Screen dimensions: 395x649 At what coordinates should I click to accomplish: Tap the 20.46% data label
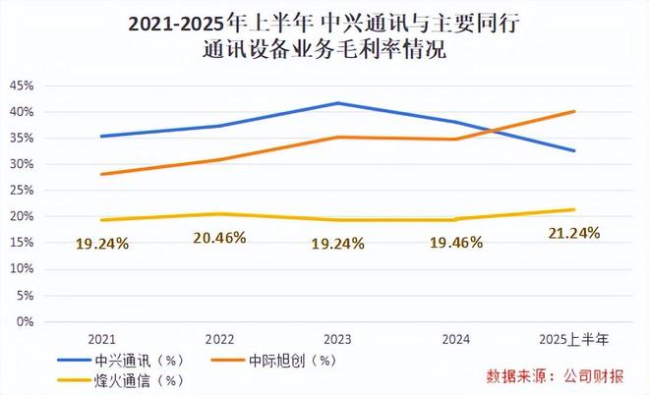[220, 237]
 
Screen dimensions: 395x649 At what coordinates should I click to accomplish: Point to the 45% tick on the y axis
[21, 85]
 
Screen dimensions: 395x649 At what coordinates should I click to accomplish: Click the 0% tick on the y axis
[25, 321]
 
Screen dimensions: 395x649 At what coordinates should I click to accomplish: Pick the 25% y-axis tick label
[21, 191]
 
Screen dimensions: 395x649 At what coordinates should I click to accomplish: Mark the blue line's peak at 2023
[338, 103]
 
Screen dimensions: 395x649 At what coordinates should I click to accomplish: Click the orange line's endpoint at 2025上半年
[574, 111]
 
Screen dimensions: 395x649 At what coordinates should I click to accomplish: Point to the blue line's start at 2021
[102, 137]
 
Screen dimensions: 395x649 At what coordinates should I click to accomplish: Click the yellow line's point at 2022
[220, 214]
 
